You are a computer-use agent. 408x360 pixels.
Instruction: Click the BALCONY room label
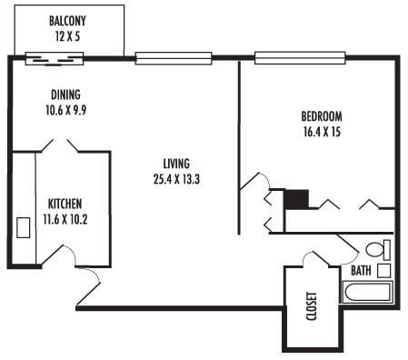click(x=69, y=19)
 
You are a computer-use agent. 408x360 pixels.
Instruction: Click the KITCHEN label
click(x=65, y=203)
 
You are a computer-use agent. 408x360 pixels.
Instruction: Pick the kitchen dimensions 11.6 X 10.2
click(x=65, y=218)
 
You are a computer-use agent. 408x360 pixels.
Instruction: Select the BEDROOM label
click(x=321, y=115)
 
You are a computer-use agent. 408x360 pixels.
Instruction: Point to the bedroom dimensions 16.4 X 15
click(x=321, y=131)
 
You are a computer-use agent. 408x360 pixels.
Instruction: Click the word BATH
click(x=361, y=270)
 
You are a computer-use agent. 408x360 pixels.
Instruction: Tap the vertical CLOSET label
click(x=312, y=306)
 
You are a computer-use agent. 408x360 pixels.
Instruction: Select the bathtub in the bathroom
click(x=367, y=293)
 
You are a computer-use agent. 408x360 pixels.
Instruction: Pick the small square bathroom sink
click(x=383, y=270)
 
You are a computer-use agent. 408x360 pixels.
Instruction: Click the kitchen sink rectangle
click(x=23, y=227)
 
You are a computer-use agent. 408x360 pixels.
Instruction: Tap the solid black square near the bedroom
click(x=297, y=198)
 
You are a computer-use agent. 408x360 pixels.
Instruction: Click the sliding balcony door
click(x=54, y=60)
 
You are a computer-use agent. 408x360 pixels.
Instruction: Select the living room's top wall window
click(x=174, y=59)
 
